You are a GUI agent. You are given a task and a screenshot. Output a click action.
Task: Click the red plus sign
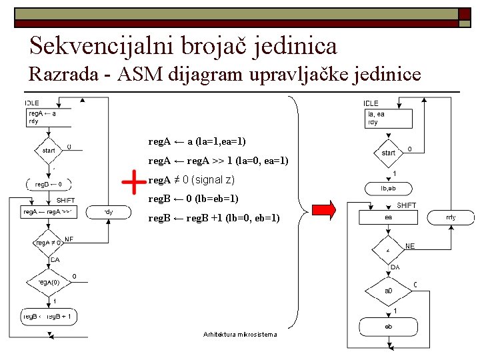(x=135, y=182)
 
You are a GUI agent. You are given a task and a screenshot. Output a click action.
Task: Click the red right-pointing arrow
(x=323, y=209)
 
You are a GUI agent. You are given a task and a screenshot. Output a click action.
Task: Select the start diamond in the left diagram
(x=49, y=151)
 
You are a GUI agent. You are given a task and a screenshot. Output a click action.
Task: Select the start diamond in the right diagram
(x=388, y=153)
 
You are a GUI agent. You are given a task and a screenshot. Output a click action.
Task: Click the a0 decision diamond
(x=388, y=291)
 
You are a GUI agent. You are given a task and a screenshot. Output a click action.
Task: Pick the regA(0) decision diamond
(x=48, y=283)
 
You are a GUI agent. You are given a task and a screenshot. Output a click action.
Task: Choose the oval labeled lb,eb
(x=388, y=189)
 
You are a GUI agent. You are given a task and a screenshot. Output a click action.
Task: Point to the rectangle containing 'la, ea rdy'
(x=388, y=118)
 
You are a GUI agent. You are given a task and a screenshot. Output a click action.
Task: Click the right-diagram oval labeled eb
(x=388, y=327)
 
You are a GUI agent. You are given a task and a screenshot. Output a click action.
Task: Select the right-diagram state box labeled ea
(x=388, y=217)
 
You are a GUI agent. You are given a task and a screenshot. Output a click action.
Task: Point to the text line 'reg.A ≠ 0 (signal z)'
(x=191, y=180)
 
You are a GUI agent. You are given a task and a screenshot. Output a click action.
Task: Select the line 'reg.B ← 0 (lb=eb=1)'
(x=193, y=199)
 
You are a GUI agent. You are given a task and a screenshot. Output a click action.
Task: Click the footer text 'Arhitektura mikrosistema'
(x=239, y=333)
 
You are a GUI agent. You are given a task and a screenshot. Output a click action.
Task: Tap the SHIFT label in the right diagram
(x=406, y=205)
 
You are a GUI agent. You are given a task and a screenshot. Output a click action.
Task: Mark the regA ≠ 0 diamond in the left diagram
(x=48, y=243)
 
